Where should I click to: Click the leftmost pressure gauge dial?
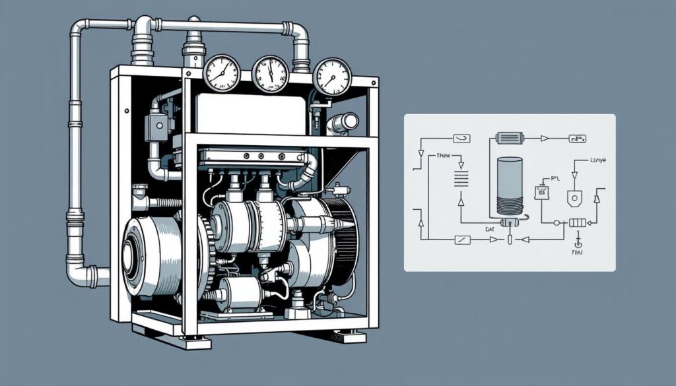(221, 72)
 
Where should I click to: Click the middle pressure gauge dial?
(271, 73)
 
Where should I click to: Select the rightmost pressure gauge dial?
(332, 77)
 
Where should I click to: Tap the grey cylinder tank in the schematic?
(509, 185)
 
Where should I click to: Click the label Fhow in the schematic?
(447, 156)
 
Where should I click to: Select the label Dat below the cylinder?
(490, 229)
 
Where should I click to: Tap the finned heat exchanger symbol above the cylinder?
(509, 139)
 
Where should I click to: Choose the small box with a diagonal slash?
(463, 240)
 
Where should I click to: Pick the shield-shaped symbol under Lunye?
(574, 197)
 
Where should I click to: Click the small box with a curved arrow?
(461, 138)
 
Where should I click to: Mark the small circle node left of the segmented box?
(557, 223)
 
